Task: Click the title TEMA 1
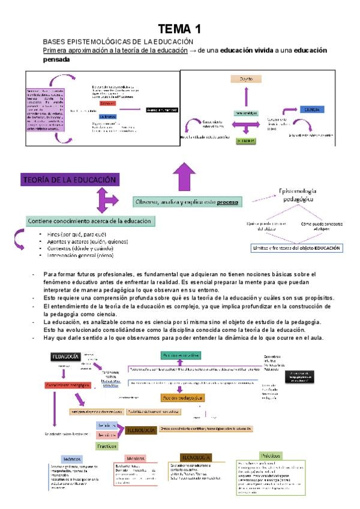[x=179, y=29]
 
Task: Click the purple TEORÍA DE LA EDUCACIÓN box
[x=69, y=179]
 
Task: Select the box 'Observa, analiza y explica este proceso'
[x=186, y=202]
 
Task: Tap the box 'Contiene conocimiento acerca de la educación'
[x=90, y=221]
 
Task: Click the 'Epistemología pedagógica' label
[x=296, y=194]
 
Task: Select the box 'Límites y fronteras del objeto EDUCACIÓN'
[x=297, y=247]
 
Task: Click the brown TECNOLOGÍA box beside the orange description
[x=142, y=430]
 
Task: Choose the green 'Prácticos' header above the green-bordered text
[x=271, y=456]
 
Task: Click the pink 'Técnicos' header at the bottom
[x=136, y=458]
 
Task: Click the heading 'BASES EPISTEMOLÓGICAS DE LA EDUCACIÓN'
[x=118, y=41]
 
